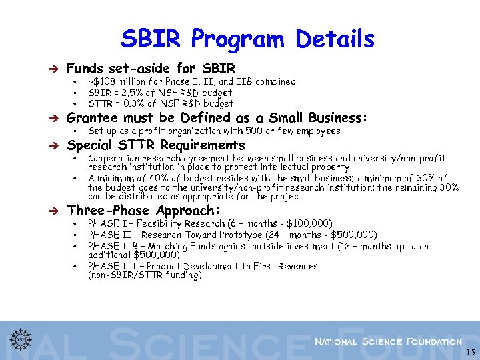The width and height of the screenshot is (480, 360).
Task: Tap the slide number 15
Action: coord(471,352)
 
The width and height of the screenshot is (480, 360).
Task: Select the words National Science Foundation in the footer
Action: coord(388,341)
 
